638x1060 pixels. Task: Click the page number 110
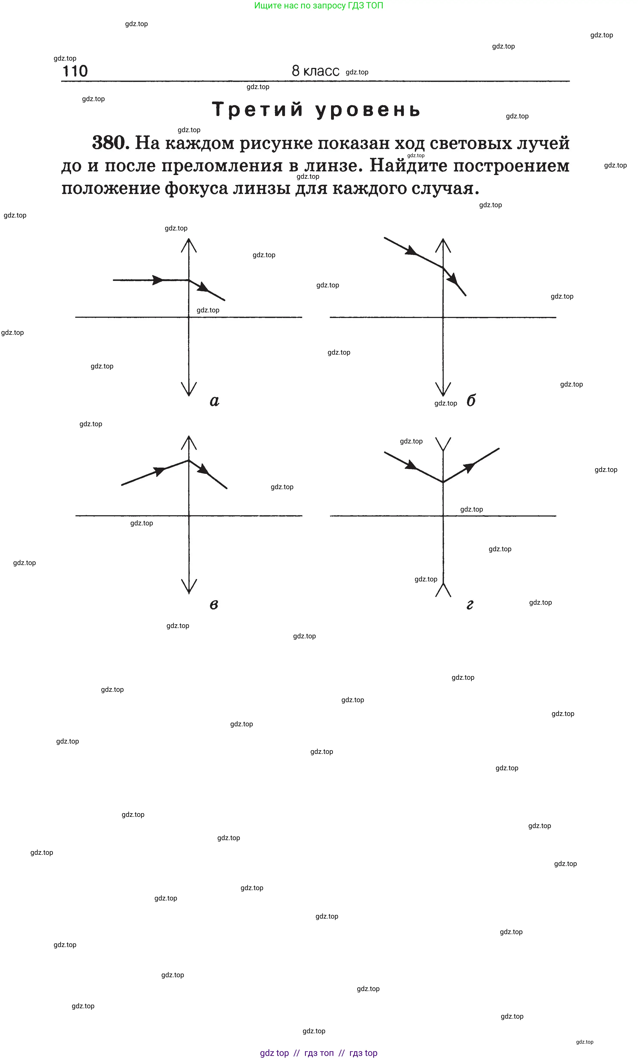tap(75, 71)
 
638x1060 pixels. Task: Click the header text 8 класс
tap(316, 71)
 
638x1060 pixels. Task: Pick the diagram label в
tap(214, 605)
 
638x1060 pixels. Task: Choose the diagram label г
tap(470, 605)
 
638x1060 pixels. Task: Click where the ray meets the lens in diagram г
tap(443, 482)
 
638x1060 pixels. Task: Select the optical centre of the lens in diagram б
tap(443, 318)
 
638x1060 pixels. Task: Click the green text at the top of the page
tap(319, 6)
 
